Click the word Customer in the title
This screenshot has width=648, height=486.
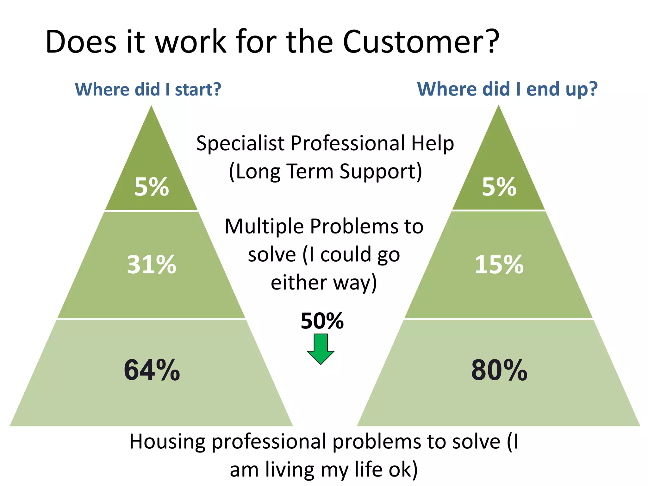pyautogui.click(x=414, y=42)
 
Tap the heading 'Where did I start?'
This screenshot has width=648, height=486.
pyautogui.click(x=148, y=89)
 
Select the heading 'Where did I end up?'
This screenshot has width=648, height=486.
pyautogui.click(x=507, y=89)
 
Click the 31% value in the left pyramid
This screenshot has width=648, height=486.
pyautogui.click(x=152, y=265)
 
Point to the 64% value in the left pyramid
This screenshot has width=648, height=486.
pyautogui.click(x=152, y=370)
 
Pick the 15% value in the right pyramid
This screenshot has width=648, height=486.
pyautogui.click(x=499, y=265)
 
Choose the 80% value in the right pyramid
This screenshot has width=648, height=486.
pyautogui.click(x=499, y=370)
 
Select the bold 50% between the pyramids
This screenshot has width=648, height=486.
pyautogui.click(x=322, y=321)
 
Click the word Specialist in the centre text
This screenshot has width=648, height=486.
pyautogui.click(x=240, y=144)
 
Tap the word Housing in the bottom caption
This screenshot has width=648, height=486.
pyautogui.click(x=167, y=442)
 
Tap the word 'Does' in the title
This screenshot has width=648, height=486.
pyautogui.click(x=81, y=42)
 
